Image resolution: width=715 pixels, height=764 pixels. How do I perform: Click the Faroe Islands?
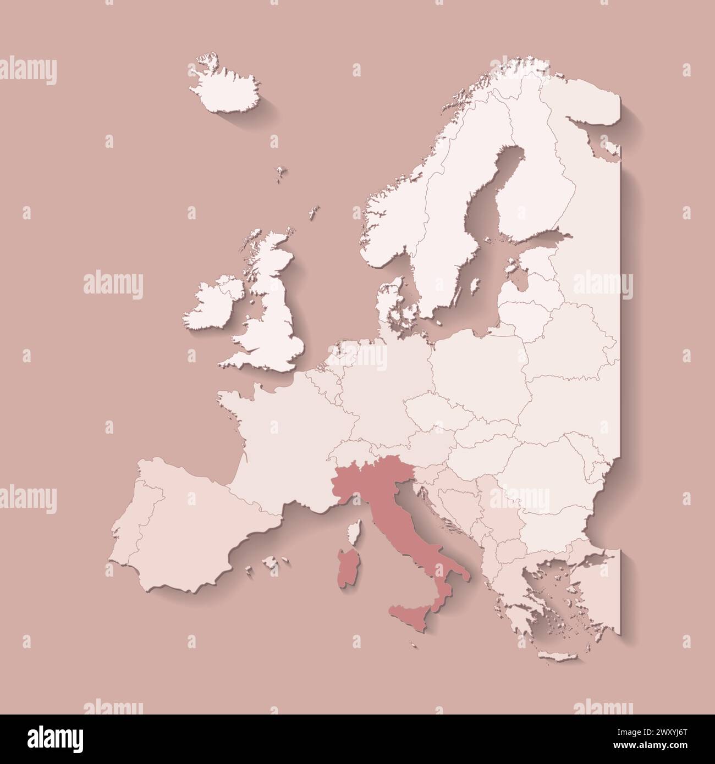[x=282, y=172]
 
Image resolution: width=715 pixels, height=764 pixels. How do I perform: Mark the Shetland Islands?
[x=314, y=211]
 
